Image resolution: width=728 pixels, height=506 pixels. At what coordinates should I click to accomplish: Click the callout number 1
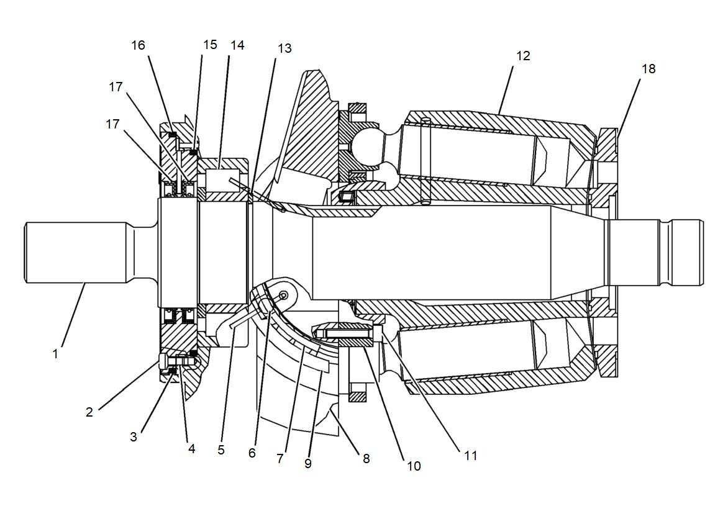click(55, 354)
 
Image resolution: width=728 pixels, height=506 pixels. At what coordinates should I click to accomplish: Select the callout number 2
click(89, 412)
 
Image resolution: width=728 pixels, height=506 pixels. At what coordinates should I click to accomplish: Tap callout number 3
click(134, 436)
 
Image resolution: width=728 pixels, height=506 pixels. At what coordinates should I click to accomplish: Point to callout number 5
click(221, 450)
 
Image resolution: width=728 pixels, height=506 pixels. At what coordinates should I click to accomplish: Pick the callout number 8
click(366, 459)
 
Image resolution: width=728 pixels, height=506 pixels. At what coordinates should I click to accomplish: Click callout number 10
click(414, 466)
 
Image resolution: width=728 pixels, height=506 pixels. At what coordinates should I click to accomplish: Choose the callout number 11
click(471, 455)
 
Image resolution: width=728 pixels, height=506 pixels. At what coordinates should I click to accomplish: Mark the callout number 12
click(523, 56)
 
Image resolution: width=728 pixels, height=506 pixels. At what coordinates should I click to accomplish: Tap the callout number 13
click(284, 48)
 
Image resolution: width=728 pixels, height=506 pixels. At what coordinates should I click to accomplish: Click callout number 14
click(237, 45)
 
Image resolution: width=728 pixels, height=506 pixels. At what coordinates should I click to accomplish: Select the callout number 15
click(211, 45)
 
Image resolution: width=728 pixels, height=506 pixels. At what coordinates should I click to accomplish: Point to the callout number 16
click(138, 45)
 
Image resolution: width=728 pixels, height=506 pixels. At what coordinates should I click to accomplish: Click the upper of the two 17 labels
click(116, 87)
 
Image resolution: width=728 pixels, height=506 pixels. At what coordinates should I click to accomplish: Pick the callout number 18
click(648, 68)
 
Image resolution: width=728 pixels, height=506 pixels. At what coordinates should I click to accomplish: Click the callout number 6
click(252, 453)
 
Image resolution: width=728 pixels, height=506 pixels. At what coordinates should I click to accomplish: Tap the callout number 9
click(308, 463)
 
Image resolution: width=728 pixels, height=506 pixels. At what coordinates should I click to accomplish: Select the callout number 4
click(192, 448)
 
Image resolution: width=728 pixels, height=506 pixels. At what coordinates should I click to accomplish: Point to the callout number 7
click(280, 459)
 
